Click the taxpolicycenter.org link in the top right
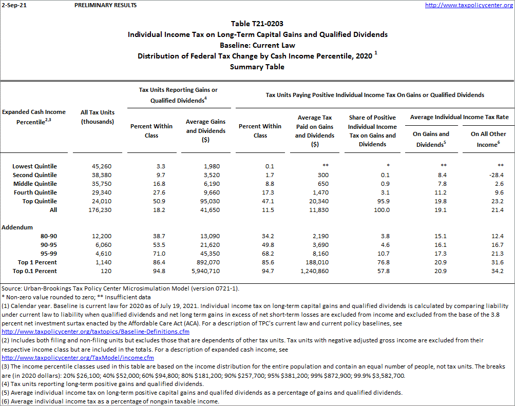(x=469, y=5)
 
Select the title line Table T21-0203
(x=257, y=24)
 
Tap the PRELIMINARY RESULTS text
(x=105, y=5)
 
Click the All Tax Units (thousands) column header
(x=98, y=117)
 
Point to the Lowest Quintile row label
(x=35, y=166)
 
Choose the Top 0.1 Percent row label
(x=34, y=271)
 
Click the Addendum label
(x=17, y=227)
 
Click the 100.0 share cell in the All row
(x=381, y=210)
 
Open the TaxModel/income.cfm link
(x=78, y=358)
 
